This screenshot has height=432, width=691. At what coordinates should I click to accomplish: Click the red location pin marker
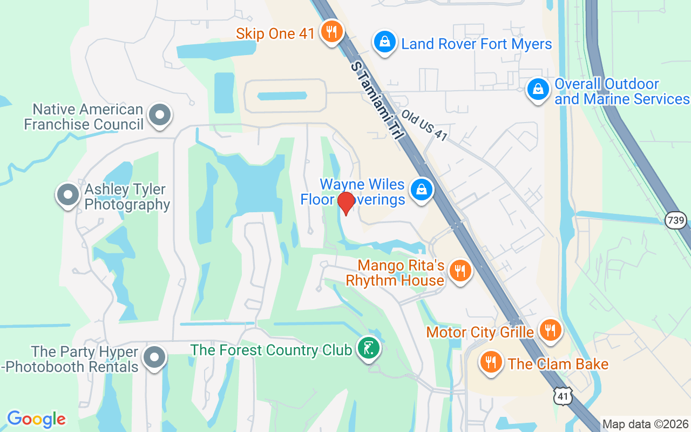(x=346, y=202)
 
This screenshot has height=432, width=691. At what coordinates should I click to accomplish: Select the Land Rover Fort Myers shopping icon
(x=385, y=42)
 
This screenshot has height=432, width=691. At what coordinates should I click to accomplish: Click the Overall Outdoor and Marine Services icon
(x=538, y=90)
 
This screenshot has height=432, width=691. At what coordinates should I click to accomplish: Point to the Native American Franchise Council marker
(x=160, y=115)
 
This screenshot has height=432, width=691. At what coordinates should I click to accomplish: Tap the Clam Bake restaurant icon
(x=491, y=362)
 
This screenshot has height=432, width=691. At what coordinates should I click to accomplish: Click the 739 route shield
(x=675, y=220)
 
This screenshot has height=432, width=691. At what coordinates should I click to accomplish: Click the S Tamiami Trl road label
(x=377, y=101)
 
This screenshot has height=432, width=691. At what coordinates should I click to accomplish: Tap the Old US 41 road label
(x=424, y=126)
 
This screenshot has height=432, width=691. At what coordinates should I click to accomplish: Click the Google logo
(x=36, y=419)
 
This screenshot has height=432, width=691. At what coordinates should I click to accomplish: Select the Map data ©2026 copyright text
(x=646, y=424)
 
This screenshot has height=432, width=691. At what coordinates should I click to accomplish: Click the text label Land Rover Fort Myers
(x=477, y=44)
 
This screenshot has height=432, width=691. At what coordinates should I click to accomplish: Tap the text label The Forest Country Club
(x=271, y=350)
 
